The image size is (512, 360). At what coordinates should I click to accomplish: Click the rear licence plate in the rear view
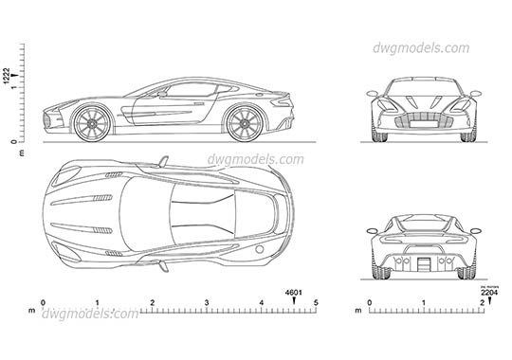424,263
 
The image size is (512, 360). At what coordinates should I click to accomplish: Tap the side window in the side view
194,91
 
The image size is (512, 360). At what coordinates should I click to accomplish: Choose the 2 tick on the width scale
481,303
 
